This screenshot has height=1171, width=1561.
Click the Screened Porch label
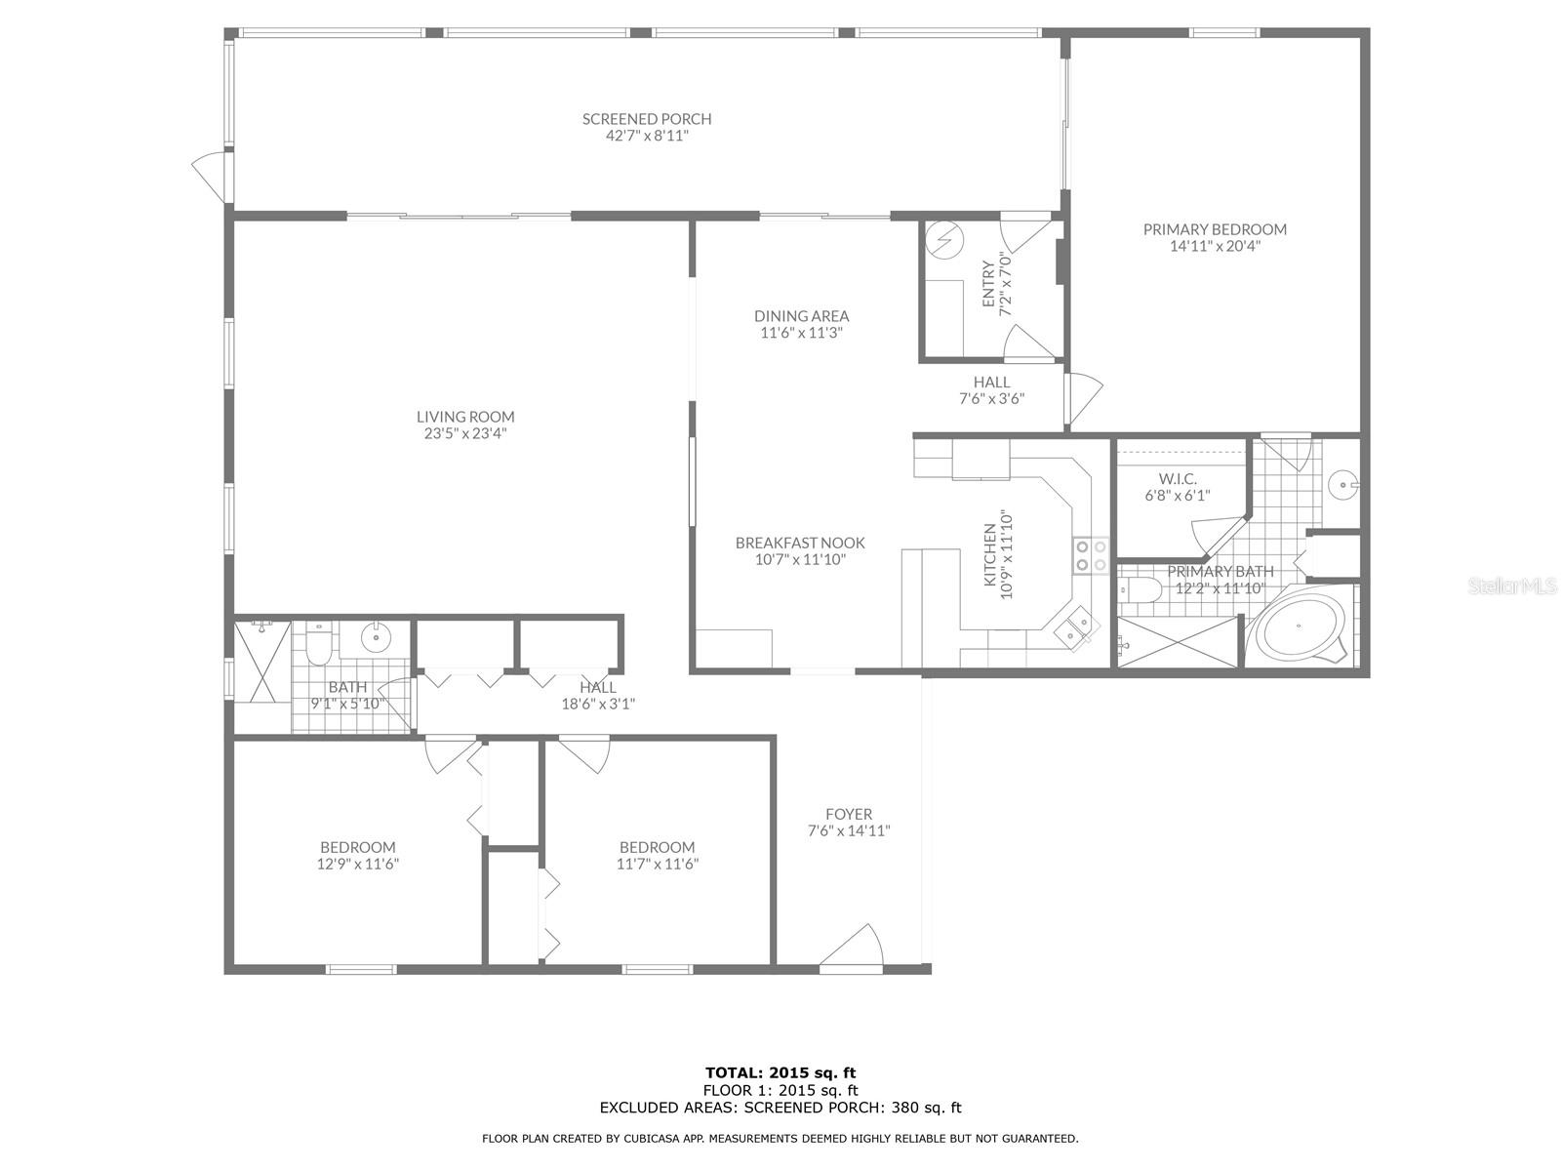tap(647, 119)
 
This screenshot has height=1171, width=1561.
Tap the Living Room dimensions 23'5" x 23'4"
tap(465, 433)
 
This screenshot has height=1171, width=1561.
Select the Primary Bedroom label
tap(1215, 229)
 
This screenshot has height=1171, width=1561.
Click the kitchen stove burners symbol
tap(1091, 555)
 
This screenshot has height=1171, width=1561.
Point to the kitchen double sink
tap(1074, 628)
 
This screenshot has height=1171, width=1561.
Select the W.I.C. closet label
tap(1177, 478)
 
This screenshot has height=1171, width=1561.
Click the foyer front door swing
tap(852, 946)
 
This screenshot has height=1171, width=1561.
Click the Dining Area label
tap(802, 315)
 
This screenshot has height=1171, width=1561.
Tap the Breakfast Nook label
tap(800, 543)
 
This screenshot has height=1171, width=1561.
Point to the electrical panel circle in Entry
tap(944, 240)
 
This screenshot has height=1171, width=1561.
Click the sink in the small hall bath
tap(376, 638)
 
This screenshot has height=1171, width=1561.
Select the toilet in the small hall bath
tap(319, 643)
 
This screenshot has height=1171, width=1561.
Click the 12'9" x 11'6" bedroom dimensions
tap(358, 864)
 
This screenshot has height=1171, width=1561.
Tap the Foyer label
tap(849, 814)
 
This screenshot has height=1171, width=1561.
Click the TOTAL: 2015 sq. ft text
tap(780, 1072)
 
